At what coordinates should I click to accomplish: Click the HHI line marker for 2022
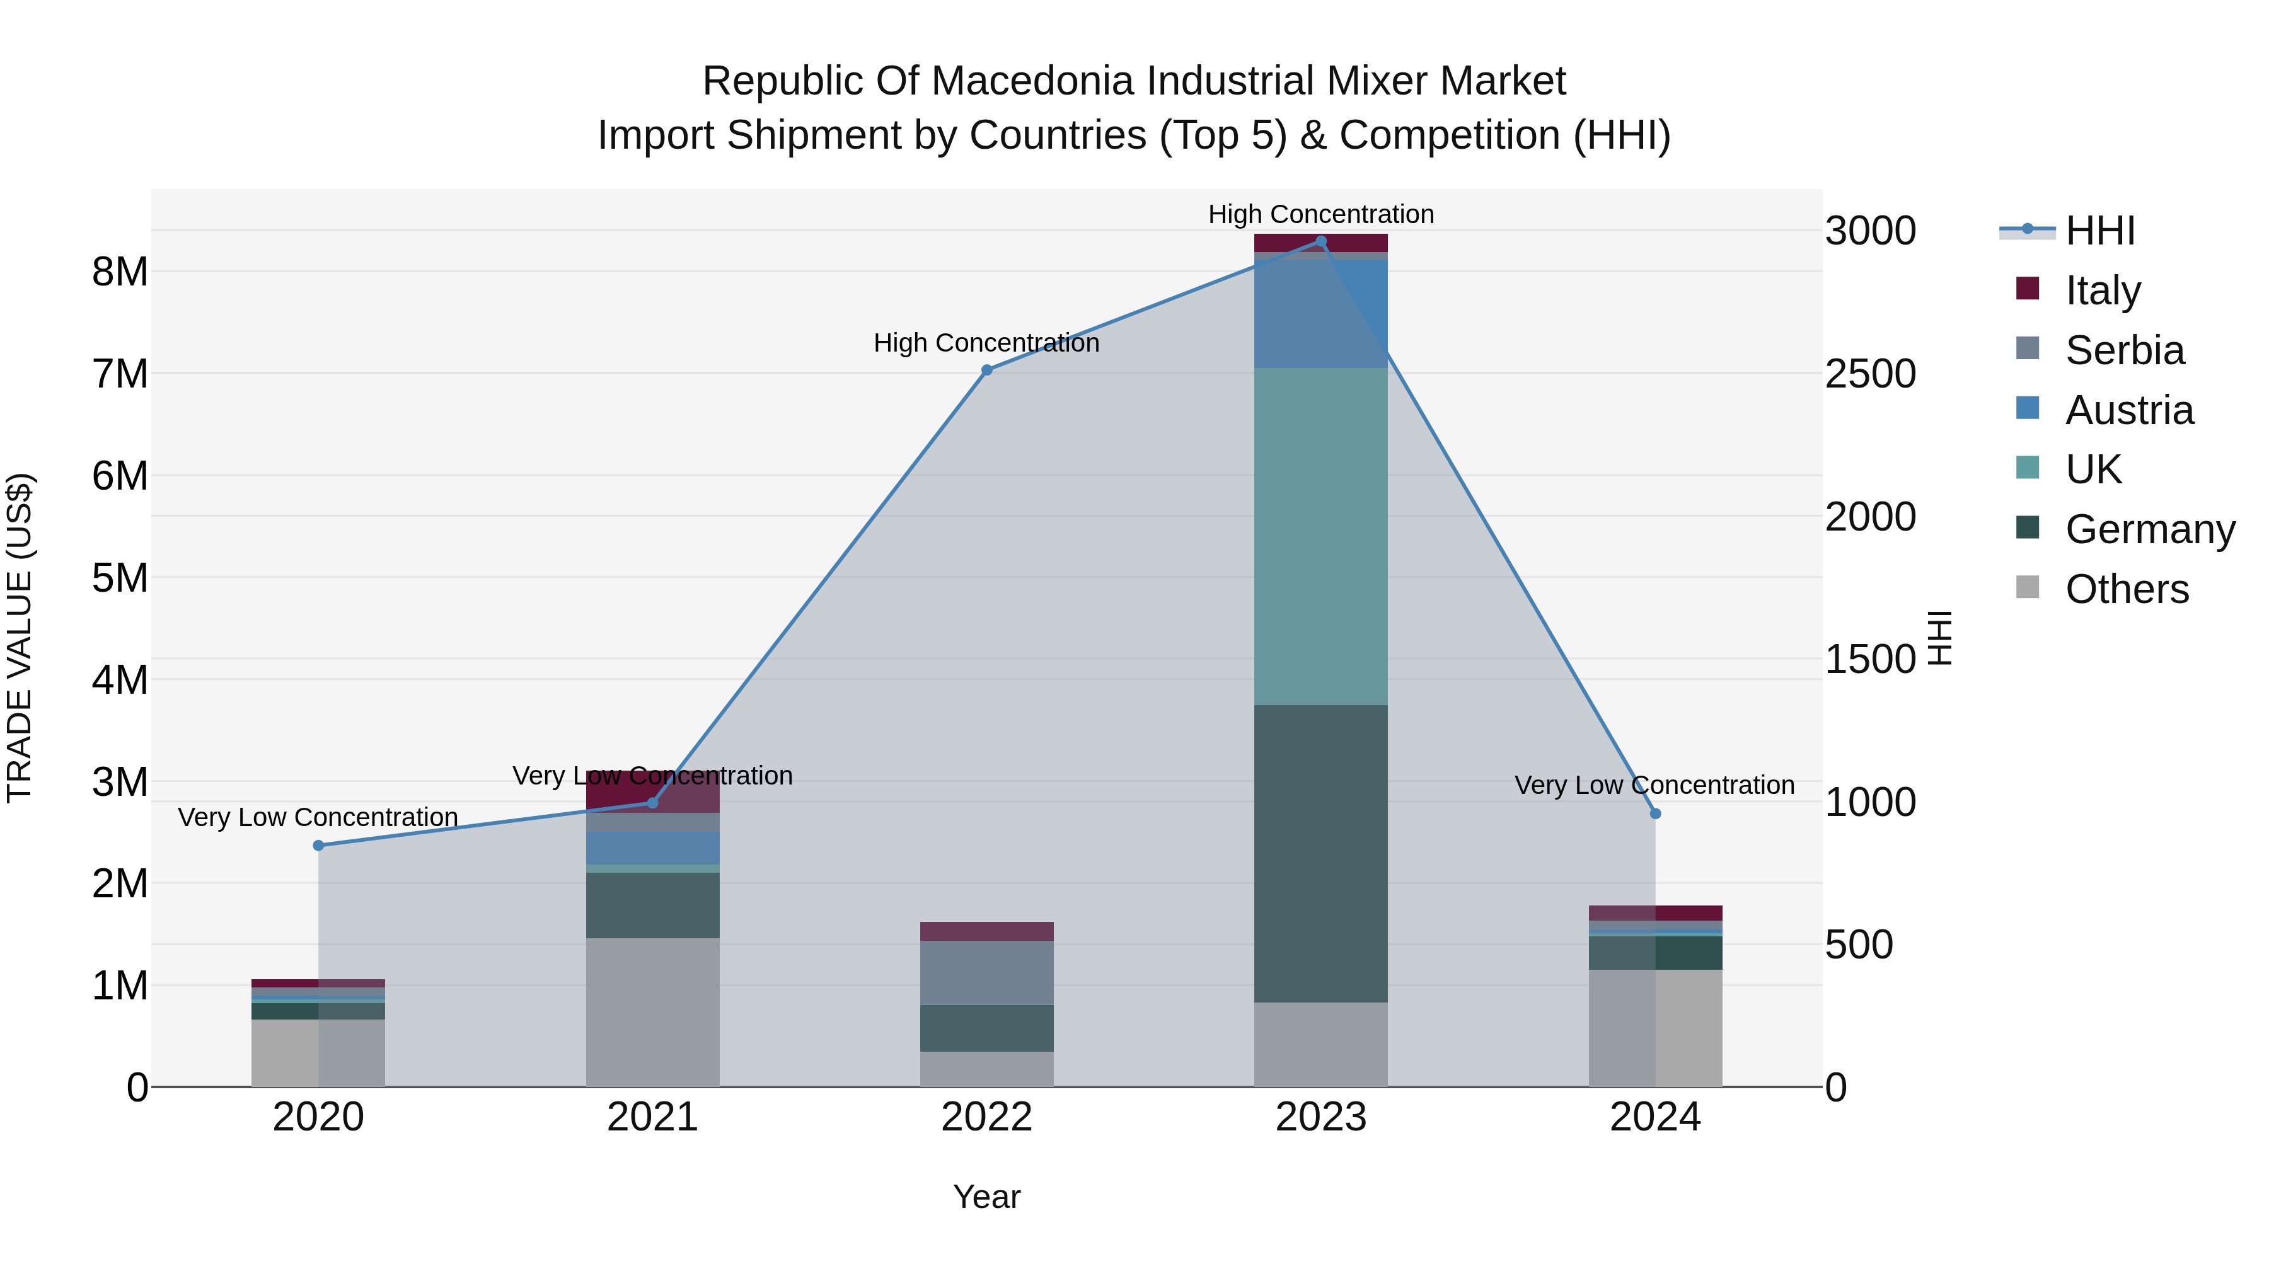(986, 370)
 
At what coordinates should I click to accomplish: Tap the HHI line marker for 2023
(1320, 241)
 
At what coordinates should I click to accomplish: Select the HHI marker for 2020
(318, 846)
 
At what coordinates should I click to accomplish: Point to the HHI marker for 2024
(1655, 813)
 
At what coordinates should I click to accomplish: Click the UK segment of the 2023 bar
(1320, 536)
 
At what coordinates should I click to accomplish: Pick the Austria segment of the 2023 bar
(1320, 314)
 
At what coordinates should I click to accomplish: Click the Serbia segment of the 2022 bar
(986, 972)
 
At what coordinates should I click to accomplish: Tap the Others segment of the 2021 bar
(653, 1012)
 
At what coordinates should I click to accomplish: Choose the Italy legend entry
(2103, 290)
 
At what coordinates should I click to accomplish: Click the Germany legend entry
(2149, 529)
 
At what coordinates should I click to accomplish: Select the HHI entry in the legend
(2100, 231)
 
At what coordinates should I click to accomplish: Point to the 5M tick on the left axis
(120, 578)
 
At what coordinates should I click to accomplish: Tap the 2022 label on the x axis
(986, 1117)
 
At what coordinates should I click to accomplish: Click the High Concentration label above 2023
(1320, 214)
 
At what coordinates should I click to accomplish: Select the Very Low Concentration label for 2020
(318, 817)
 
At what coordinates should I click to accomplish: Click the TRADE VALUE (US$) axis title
(20, 638)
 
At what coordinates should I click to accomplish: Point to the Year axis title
(986, 1197)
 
